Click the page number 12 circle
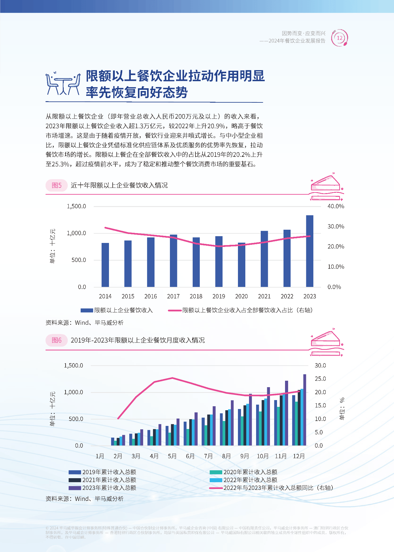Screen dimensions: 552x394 pyautogui.click(x=340, y=38)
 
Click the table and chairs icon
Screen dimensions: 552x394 pyautogui.click(x=63, y=84)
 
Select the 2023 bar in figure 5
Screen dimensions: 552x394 pyautogui.click(x=310, y=251)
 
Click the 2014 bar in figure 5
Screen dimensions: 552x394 pyautogui.click(x=105, y=265)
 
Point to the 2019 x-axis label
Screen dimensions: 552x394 pyautogui.click(x=219, y=296)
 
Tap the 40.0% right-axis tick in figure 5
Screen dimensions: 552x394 pyautogui.click(x=336, y=206)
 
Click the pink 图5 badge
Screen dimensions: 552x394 pyautogui.click(x=57, y=185)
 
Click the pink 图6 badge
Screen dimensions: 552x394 pyautogui.click(x=57, y=340)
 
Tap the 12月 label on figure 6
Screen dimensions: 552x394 pyautogui.click(x=299, y=456)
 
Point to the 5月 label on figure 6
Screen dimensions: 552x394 pyautogui.click(x=172, y=456)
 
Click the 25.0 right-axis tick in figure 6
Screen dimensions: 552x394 pyautogui.click(x=320, y=379)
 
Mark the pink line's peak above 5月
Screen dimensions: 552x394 pyautogui.click(x=172, y=378)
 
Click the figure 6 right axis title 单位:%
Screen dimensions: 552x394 pyautogui.click(x=342, y=409)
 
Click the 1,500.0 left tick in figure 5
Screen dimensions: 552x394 pyautogui.click(x=76, y=206)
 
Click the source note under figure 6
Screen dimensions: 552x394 pyautogui.click(x=84, y=499)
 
